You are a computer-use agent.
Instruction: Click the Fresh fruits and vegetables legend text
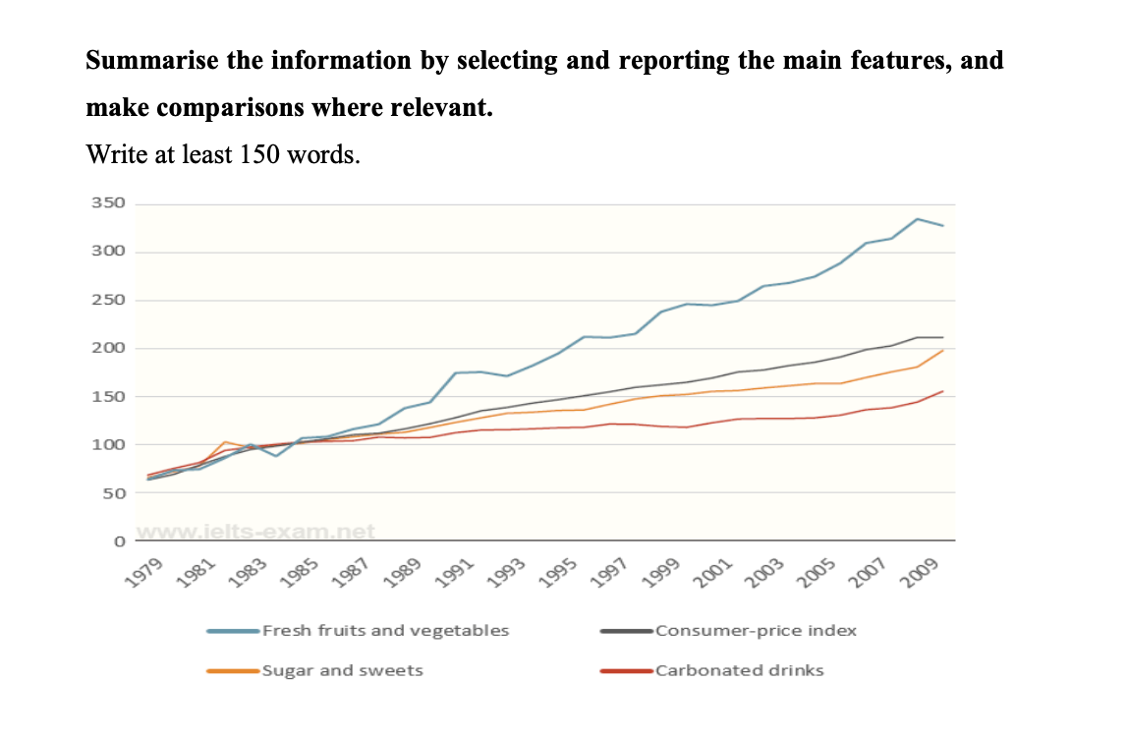point(385,631)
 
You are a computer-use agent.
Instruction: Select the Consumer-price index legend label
point(756,631)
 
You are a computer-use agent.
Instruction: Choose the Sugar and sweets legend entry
point(342,671)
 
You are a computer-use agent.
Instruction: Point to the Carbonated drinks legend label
point(739,671)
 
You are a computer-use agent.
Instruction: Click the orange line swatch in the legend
point(233,671)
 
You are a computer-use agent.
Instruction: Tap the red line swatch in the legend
point(626,671)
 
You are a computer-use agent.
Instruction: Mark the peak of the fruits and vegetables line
point(918,219)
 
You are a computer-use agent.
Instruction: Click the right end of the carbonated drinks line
point(943,391)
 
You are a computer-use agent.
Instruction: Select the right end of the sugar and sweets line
point(943,351)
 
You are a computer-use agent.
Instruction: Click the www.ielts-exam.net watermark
point(256,532)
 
